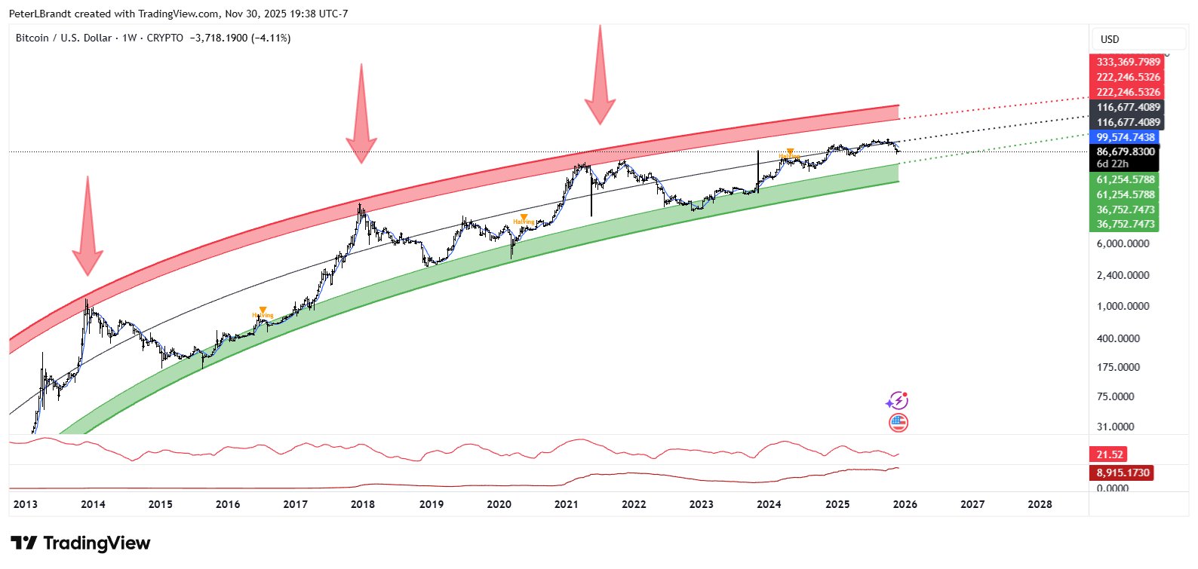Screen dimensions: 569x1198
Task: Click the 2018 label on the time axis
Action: click(x=363, y=504)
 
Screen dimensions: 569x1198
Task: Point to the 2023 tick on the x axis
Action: click(x=701, y=504)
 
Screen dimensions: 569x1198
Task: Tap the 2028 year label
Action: click(x=1040, y=504)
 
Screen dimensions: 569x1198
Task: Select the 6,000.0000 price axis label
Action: click(x=1123, y=244)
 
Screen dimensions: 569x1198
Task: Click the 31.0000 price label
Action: click(x=1115, y=427)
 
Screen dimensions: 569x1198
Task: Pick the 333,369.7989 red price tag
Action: click(x=1128, y=62)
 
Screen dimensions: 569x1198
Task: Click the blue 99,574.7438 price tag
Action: click(x=1125, y=137)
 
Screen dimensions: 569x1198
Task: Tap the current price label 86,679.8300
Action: click(x=1125, y=151)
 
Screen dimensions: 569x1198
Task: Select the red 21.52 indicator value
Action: click(x=1110, y=454)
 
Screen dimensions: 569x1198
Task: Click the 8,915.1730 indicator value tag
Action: click(x=1123, y=473)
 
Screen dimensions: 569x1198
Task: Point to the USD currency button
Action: click(x=1110, y=39)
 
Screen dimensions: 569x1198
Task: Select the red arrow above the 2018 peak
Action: click(x=361, y=117)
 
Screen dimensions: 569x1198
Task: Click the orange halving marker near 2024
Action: click(x=789, y=153)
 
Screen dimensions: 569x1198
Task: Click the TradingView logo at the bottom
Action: click(x=81, y=543)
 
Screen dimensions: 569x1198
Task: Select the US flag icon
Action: click(x=898, y=423)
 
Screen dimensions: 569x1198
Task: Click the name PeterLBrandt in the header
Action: click(x=38, y=14)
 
